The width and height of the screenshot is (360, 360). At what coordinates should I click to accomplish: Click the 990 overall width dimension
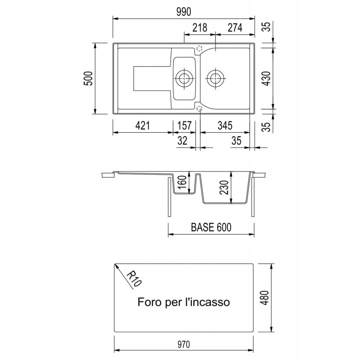pos(184,12)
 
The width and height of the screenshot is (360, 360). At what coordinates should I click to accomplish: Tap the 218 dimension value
pos(200,27)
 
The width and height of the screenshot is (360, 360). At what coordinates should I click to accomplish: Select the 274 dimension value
pos(235,27)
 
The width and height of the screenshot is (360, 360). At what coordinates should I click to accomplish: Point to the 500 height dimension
pos(88,78)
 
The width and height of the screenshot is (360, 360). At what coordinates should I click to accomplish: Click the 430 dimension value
pos(266,78)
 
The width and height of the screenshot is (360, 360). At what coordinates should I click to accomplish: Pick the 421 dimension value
pos(142,126)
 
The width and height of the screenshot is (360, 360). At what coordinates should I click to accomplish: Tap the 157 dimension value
pos(184,126)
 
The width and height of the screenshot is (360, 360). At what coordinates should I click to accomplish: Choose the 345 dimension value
pos(225,126)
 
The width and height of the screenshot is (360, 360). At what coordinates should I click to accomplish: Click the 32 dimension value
pos(182,140)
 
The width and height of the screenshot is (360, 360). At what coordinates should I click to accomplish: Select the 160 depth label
pos(183,182)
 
